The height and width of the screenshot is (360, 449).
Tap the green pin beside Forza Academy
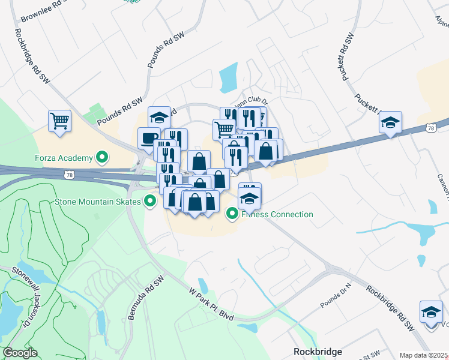[x=102, y=158]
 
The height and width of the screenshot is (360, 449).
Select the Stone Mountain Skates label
[x=98, y=202]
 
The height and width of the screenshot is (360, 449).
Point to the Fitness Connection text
[x=278, y=214]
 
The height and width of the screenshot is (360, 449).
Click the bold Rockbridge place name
[x=318, y=352]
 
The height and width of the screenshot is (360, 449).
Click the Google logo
[x=20, y=353]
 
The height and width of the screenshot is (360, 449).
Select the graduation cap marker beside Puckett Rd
[x=390, y=124]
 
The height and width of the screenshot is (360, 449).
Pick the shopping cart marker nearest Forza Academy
[x=60, y=121]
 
